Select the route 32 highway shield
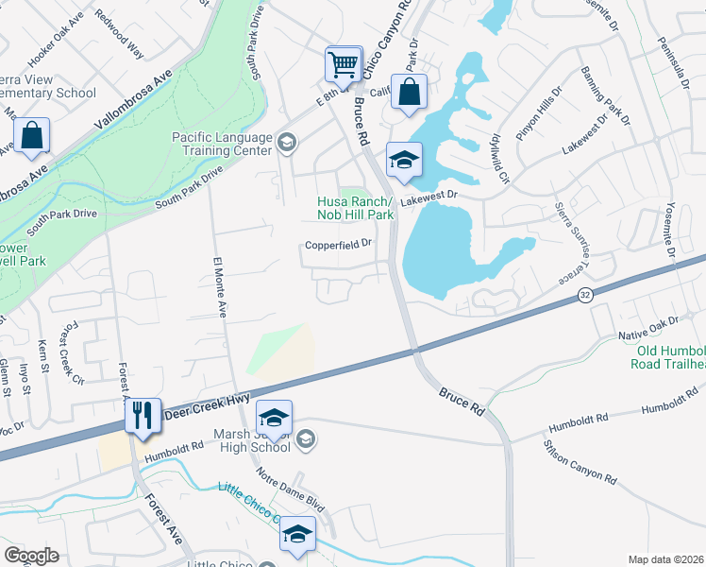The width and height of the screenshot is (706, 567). [x=586, y=297]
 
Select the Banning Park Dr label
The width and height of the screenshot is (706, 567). [x=605, y=95]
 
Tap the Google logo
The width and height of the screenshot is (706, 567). [x=31, y=555]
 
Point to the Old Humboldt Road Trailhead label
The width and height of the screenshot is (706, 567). [x=669, y=356]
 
